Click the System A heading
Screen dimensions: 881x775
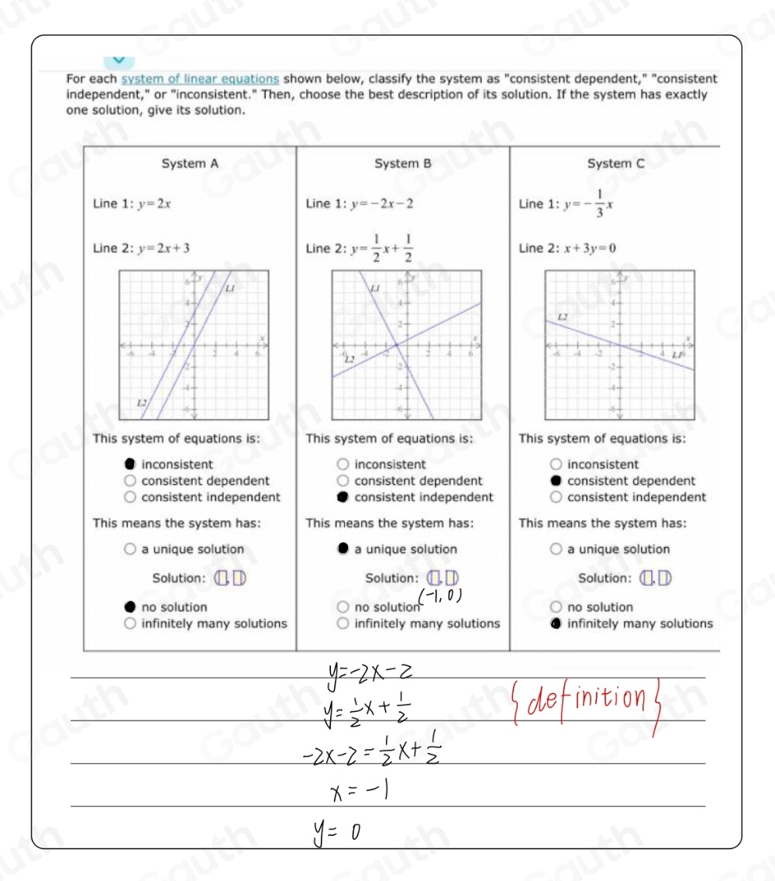pos(190,164)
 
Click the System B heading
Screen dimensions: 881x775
pos(402,164)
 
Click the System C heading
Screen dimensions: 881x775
pos(616,164)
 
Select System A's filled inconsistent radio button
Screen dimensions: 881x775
pos(130,465)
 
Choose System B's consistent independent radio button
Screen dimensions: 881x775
pos(343,497)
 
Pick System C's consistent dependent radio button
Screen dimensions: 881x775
pos(556,481)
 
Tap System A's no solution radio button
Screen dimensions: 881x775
pos(130,607)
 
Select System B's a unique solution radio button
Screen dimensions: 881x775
pos(343,549)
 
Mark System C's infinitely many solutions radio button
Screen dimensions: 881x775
pos(556,624)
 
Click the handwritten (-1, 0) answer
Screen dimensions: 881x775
pos(440,595)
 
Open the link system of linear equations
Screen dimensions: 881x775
pos(200,78)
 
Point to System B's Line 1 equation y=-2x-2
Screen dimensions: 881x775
pos(381,203)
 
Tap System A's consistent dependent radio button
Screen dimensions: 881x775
pos(130,481)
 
